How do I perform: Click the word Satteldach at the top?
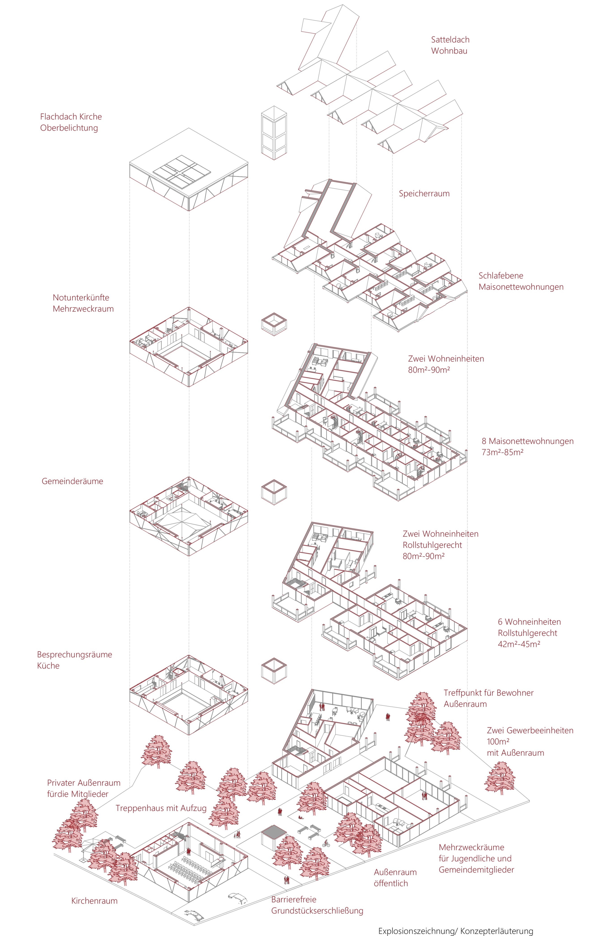tap(450, 40)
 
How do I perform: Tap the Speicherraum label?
tap(424, 193)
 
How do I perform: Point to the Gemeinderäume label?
tap(72, 481)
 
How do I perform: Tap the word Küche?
tap(48, 666)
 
